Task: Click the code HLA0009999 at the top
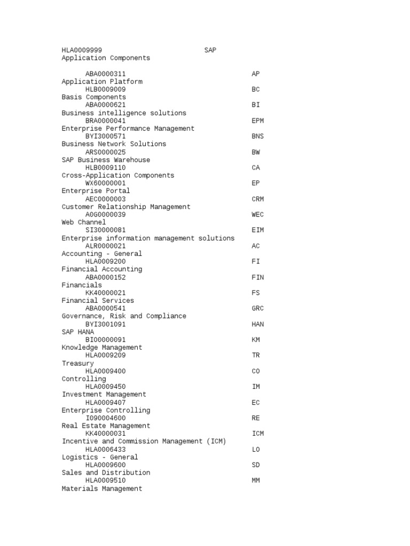click(x=82, y=50)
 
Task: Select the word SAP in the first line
click(x=210, y=50)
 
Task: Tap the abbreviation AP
click(x=256, y=74)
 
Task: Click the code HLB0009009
click(x=106, y=90)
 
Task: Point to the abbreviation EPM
click(x=258, y=121)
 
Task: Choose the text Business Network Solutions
click(x=114, y=144)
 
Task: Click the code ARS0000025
click(x=106, y=152)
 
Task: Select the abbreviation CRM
click(x=258, y=199)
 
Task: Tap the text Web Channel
click(x=84, y=222)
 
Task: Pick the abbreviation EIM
click(x=258, y=230)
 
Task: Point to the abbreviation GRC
click(x=258, y=308)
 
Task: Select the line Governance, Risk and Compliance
click(x=124, y=316)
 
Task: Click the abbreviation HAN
click(x=258, y=324)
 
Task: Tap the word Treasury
click(x=78, y=363)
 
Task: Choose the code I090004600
click(x=106, y=418)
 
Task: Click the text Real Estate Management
click(x=106, y=426)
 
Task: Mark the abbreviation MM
click(x=256, y=480)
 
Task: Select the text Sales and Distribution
click(x=106, y=473)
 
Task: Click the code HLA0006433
click(x=106, y=449)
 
